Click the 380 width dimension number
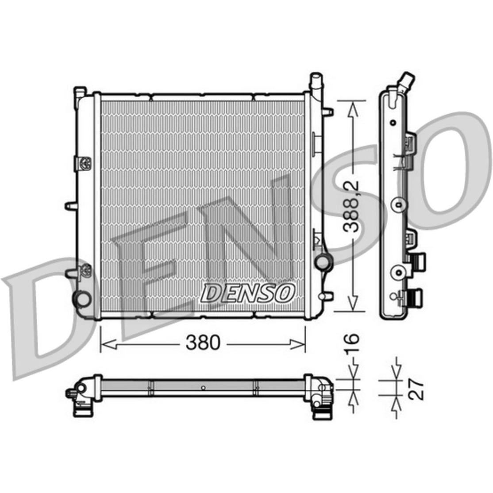203,343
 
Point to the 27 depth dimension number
417,389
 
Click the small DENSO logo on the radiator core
247,293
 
